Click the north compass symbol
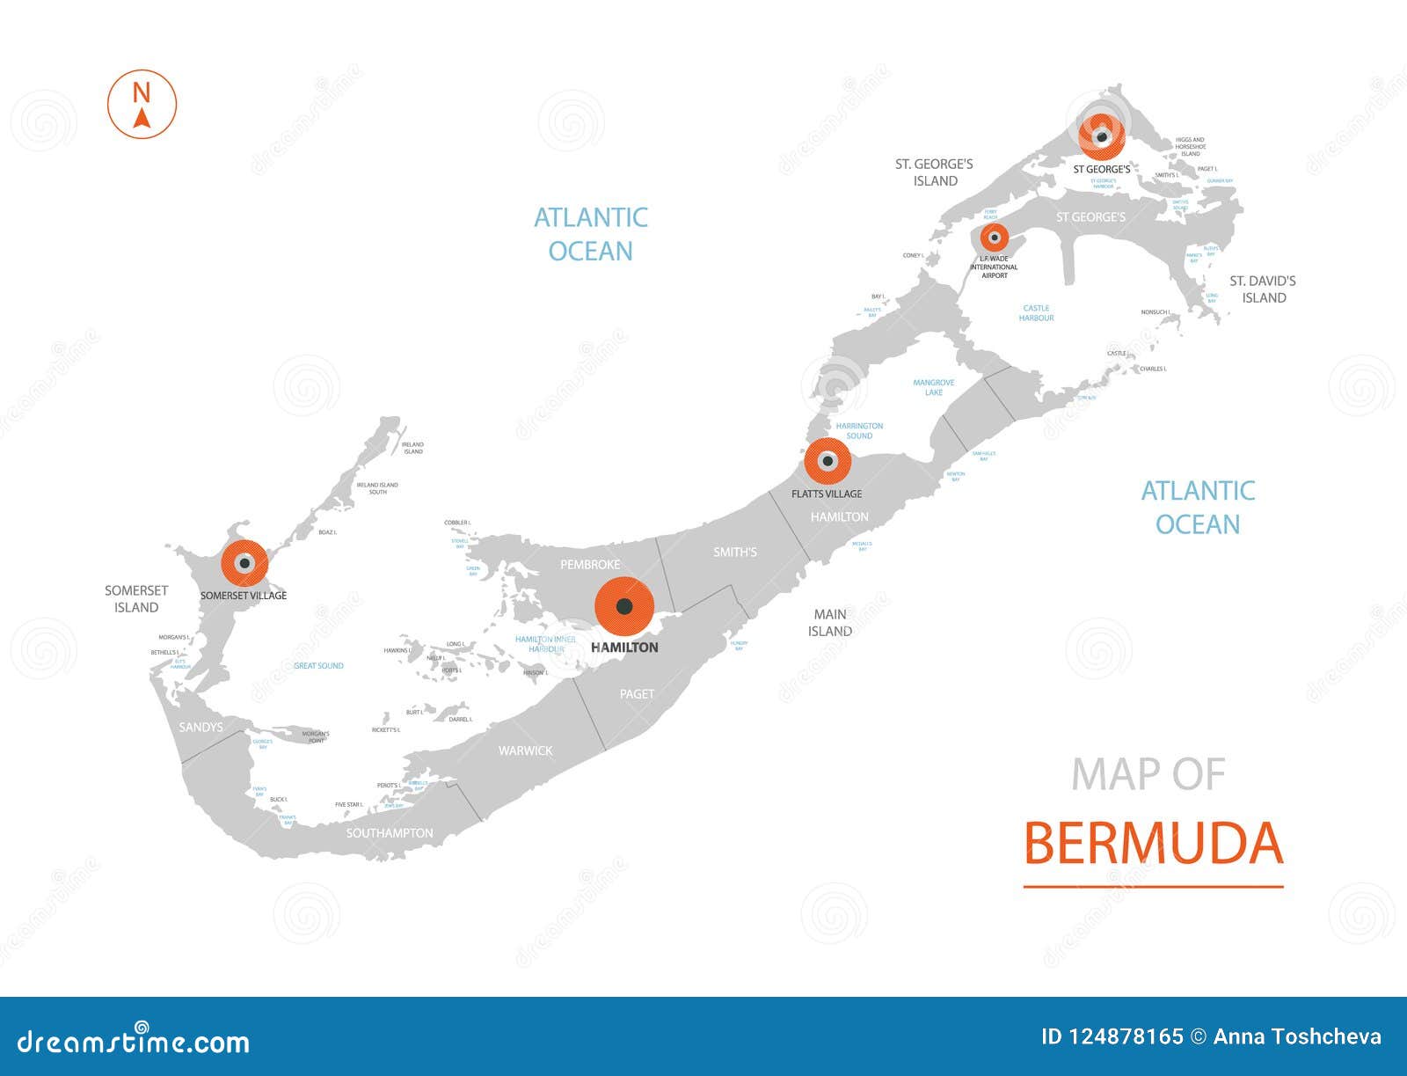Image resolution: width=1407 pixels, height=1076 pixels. pos(142,104)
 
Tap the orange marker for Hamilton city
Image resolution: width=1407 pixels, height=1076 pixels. pos(624,606)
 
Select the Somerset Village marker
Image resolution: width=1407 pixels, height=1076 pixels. pos(244,563)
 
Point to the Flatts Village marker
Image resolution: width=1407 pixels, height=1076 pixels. pos(827,461)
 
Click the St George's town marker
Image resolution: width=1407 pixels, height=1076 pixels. pos(1102,135)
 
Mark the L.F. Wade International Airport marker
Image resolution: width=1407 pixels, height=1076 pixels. pos(995,238)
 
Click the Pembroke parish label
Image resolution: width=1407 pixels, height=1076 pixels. pos(590,564)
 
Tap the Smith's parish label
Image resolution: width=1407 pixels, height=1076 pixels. pos(734,553)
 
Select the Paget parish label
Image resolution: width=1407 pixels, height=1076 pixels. pos(637,694)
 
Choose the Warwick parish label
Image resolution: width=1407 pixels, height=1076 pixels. pos(525,750)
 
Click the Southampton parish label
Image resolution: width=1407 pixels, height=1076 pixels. pos(390,832)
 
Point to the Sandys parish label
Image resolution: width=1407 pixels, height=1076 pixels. pos(200,727)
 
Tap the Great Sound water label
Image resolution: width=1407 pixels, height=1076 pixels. pos(318,666)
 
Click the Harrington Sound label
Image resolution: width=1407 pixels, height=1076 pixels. pos(859,430)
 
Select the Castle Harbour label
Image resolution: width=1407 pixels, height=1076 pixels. pos(1036,312)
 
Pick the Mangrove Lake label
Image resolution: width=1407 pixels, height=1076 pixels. pos(933,387)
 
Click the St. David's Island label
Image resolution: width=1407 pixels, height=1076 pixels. pos(1263,289)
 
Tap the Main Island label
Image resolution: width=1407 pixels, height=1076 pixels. pos(830,622)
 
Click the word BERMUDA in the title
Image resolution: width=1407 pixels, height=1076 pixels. pos(1153,843)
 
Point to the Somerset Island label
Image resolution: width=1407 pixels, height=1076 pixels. pos(136,598)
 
